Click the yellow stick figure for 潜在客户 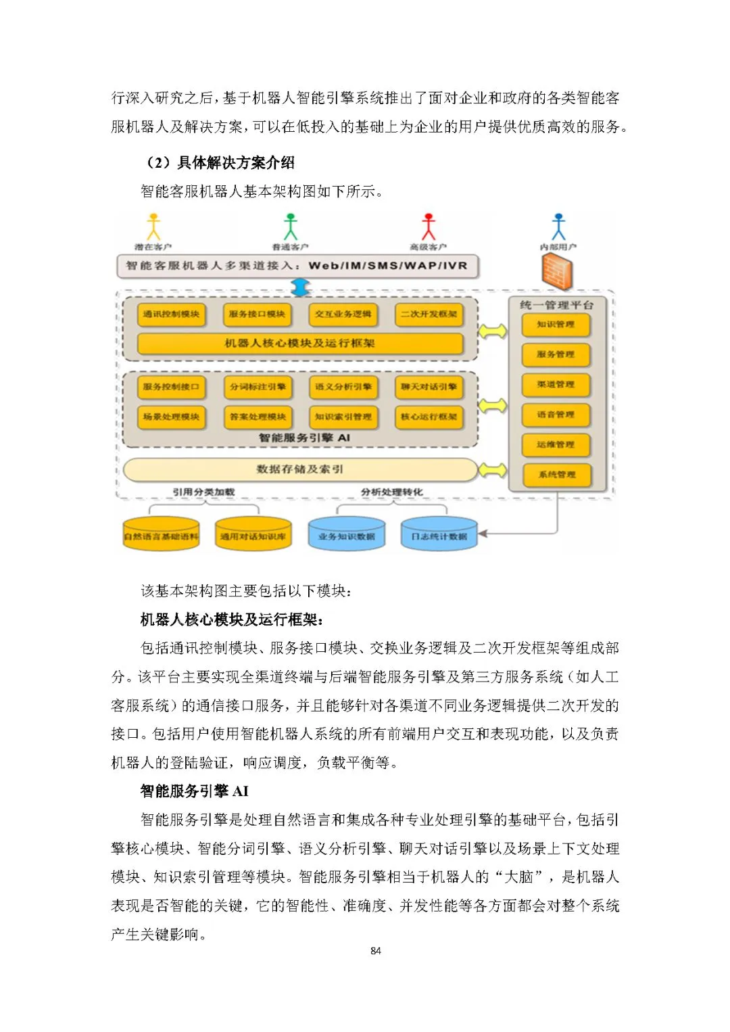pyautogui.click(x=154, y=227)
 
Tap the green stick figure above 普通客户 pyautogui.click(x=291, y=227)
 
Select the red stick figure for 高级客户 pyautogui.click(x=429, y=227)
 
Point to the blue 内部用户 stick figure pyautogui.click(x=558, y=227)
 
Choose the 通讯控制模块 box pyautogui.click(x=171, y=314)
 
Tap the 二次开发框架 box pyautogui.click(x=429, y=314)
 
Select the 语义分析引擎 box pyautogui.click(x=343, y=387)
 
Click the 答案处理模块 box pyautogui.click(x=258, y=417)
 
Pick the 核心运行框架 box pyautogui.click(x=429, y=417)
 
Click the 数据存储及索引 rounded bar pyautogui.click(x=299, y=469)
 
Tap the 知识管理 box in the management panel pyautogui.click(x=556, y=325)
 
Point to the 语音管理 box pyautogui.click(x=556, y=415)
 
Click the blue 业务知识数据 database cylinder pyautogui.click(x=346, y=535)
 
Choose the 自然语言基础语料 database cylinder pyautogui.click(x=161, y=535)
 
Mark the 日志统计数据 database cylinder pyautogui.click(x=439, y=535)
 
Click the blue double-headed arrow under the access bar pyautogui.click(x=299, y=287)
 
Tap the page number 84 pyautogui.click(x=376, y=951)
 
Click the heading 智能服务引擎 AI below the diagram pyautogui.click(x=195, y=791)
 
